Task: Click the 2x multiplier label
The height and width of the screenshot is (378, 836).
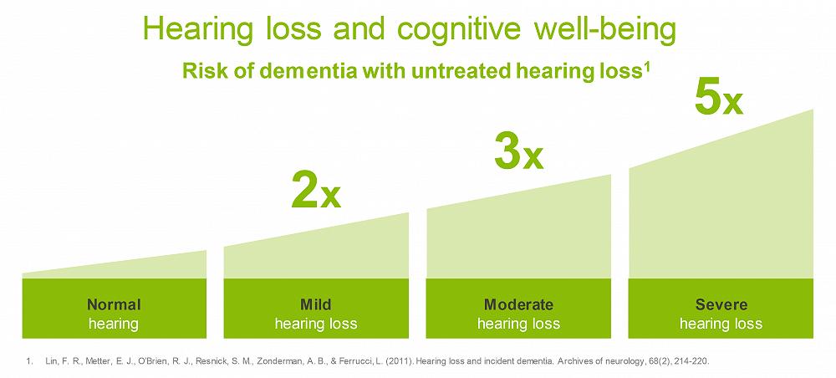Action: (316, 191)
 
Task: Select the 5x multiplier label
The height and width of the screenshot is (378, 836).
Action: (719, 97)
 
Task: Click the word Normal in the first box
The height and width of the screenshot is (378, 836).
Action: (114, 304)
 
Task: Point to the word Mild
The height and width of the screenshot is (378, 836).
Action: (316, 304)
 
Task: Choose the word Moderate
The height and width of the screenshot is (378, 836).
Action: (518, 304)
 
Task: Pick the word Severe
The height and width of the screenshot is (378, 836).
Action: (721, 304)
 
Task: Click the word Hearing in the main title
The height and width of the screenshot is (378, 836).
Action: (197, 30)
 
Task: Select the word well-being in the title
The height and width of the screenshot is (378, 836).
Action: (605, 30)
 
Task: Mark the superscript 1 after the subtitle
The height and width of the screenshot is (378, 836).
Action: (647, 66)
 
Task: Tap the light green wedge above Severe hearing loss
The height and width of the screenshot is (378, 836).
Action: (721, 208)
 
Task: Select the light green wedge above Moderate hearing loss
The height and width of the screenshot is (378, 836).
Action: (518, 235)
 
